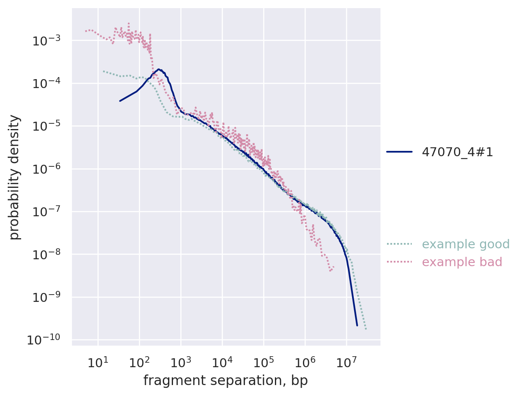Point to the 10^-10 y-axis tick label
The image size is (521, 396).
pyautogui.click(x=43, y=340)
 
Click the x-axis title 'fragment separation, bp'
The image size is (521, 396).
pyautogui.click(x=225, y=381)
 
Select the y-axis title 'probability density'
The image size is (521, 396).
pyautogui.click(x=15, y=177)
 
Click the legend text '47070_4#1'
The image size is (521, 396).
pyautogui.click(x=457, y=152)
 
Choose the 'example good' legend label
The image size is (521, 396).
pyautogui.click(x=465, y=244)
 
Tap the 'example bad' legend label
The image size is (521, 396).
pyautogui.click(x=462, y=262)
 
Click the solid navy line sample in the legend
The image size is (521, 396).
pyautogui.click(x=399, y=152)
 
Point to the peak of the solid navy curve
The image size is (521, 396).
pyautogui.click(x=159, y=69)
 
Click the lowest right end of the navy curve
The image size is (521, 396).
pyautogui.click(x=357, y=325)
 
